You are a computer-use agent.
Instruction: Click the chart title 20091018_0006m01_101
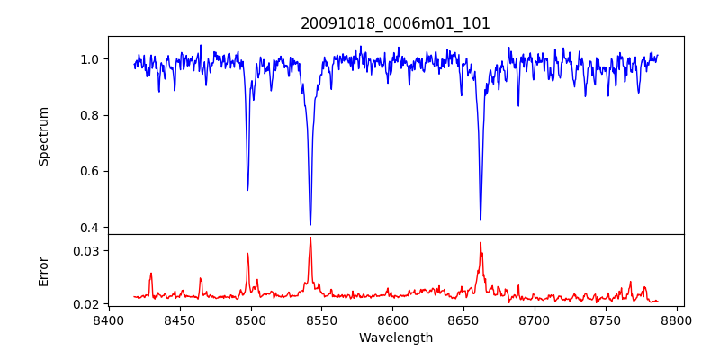tap(395, 23)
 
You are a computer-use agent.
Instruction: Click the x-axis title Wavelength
tap(395, 338)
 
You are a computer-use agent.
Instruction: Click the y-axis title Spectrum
tap(43, 136)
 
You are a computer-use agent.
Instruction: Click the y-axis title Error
tap(43, 270)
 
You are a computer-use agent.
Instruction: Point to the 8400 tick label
tap(109, 319)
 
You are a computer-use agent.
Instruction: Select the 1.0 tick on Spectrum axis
tap(90, 59)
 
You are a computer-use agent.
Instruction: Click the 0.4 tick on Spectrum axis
tap(90, 227)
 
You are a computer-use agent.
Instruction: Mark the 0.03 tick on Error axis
tap(86, 250)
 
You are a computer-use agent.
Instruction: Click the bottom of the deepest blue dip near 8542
tap(310, 224)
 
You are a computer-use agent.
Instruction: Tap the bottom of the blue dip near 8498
tap(247, 190)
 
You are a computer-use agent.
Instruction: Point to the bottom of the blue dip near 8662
tap(481, 220)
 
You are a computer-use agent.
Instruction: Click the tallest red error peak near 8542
tap(310, 238)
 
